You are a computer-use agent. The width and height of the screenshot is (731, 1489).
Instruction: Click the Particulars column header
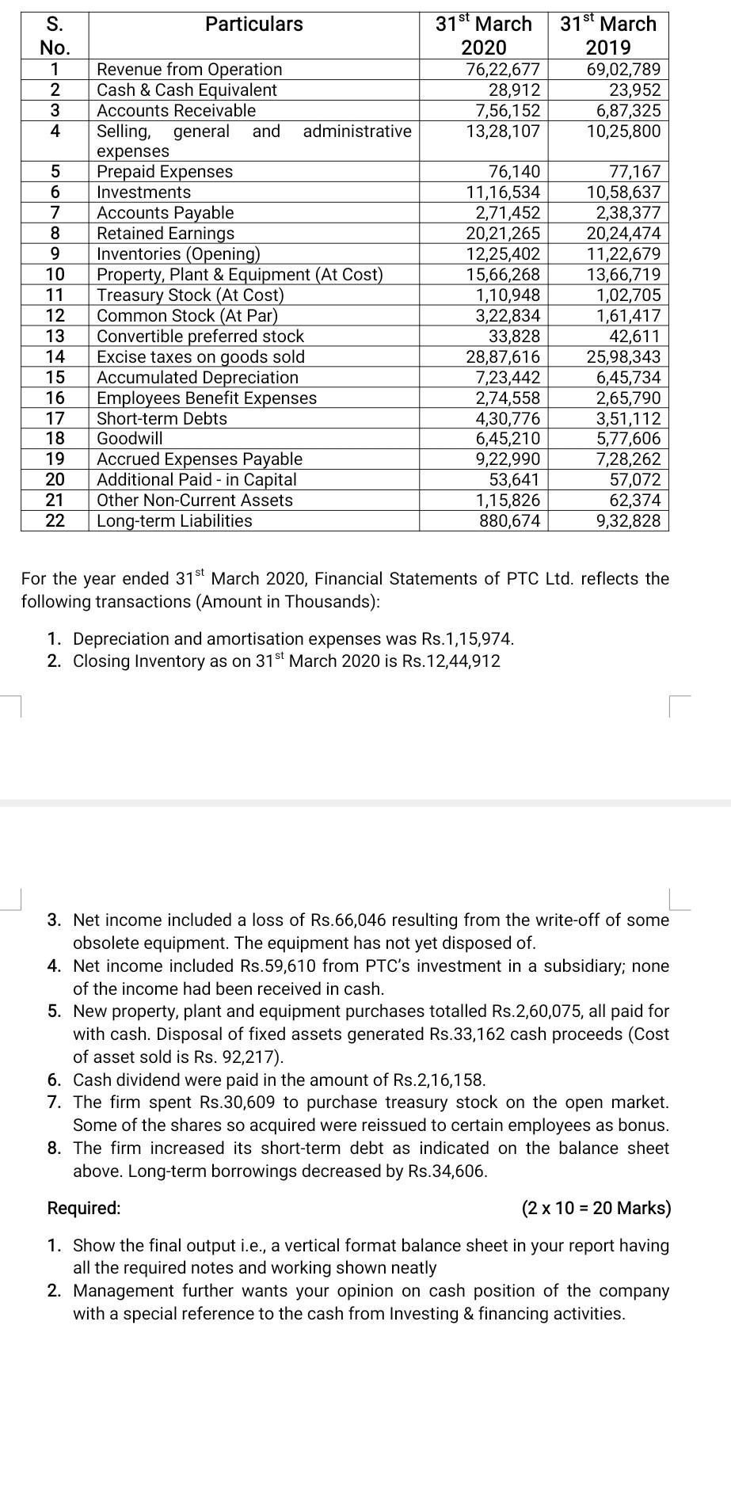pos(253,25)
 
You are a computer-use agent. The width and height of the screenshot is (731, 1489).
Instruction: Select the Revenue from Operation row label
pos(188,70)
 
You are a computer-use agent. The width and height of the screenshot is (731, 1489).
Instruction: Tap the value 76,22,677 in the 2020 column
pos(503,70)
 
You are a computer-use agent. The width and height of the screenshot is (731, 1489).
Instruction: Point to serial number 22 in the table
pos(55,521)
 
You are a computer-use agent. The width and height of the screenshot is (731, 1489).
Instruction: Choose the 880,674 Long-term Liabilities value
pos(508,521)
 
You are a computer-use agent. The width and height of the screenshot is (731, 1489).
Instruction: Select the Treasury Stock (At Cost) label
pos(189,295)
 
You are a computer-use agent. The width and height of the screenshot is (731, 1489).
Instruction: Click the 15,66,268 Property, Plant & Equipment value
pos(503,275)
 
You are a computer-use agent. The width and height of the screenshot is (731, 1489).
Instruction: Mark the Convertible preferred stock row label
pos(200,337)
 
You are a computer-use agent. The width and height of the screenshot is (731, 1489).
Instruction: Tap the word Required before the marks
pos(84,1209)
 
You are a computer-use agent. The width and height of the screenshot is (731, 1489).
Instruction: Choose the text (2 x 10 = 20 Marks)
pos(596,1209)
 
